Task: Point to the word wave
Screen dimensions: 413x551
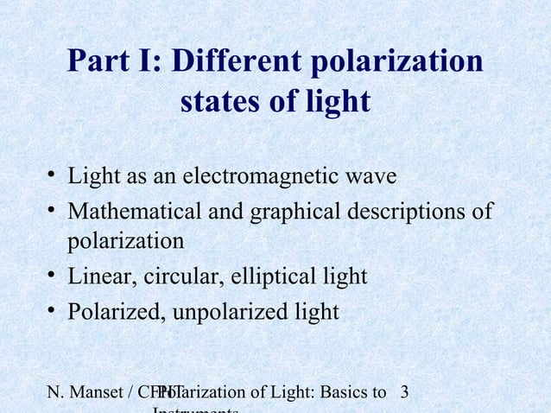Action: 370,176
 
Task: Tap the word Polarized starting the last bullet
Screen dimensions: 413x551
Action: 111,311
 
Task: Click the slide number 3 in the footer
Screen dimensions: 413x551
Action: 405,394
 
